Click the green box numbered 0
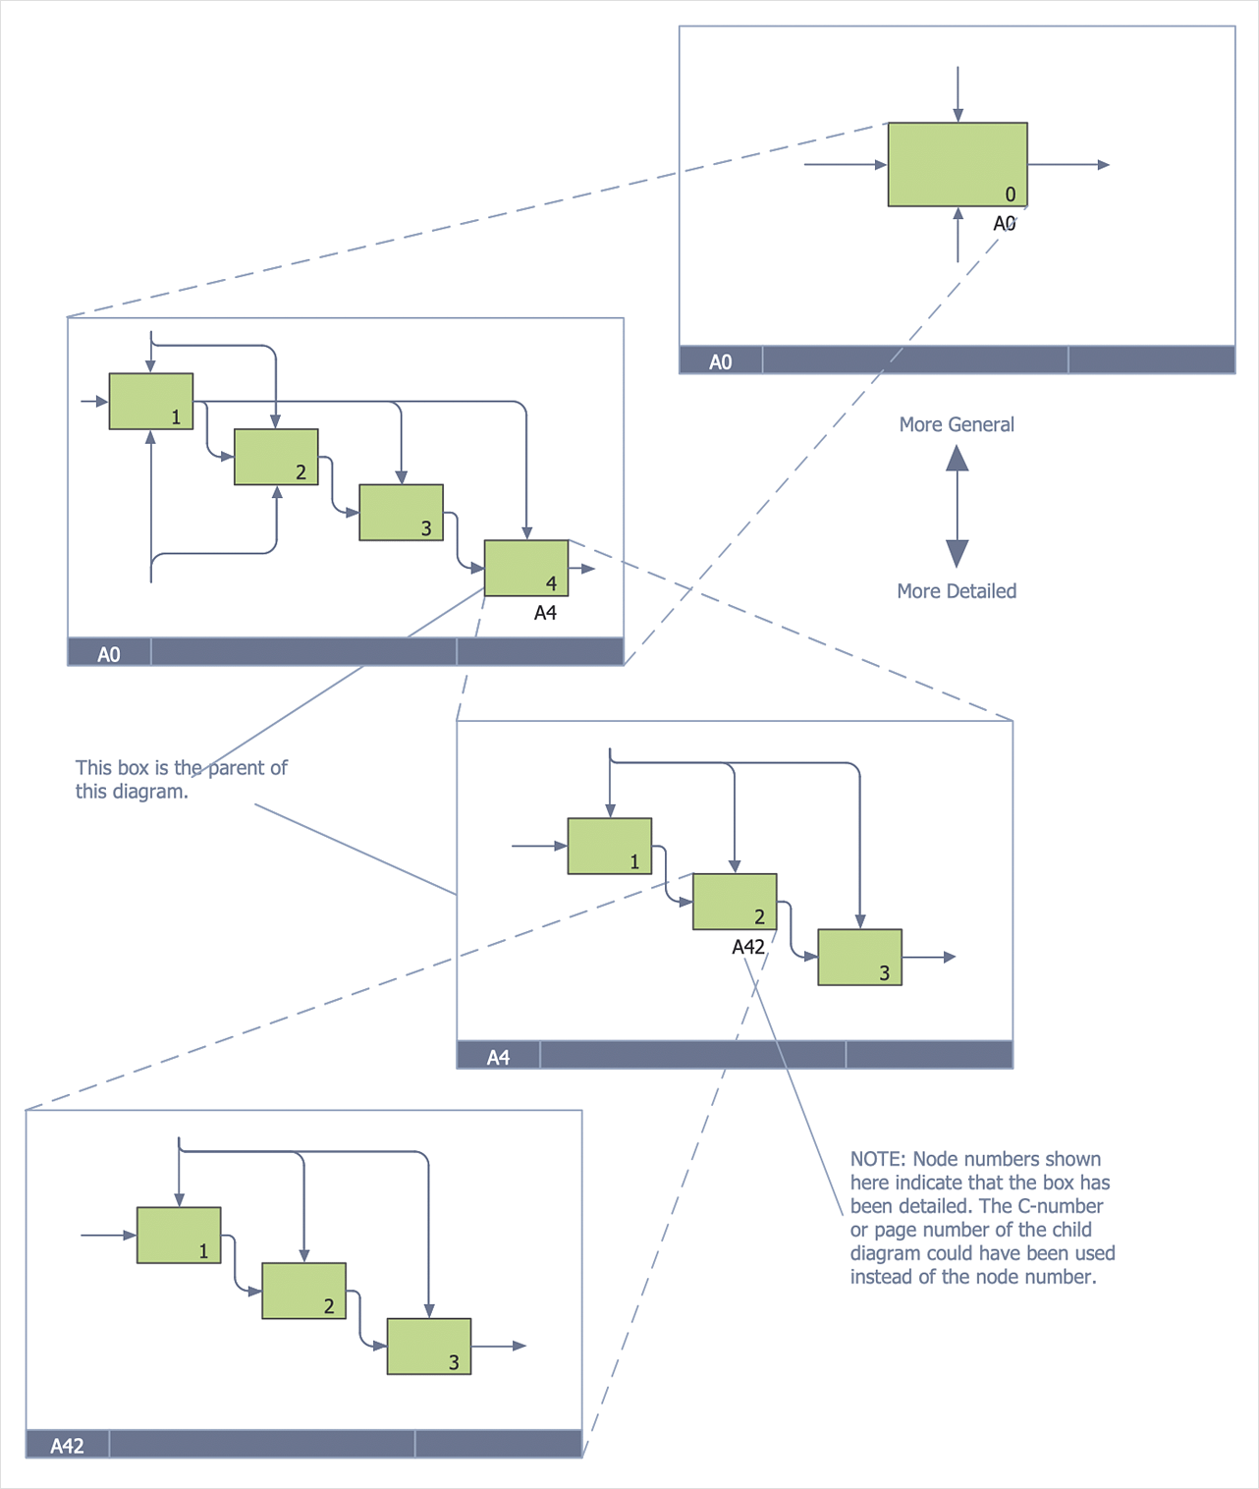coord(957,164)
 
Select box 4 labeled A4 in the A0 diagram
coord(525,568)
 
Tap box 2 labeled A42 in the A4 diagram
coord(735,901)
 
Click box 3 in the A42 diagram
coord(429,1346)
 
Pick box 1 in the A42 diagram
coord(179,1235)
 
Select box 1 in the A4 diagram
coord(610,846)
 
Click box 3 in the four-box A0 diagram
coord(401,512)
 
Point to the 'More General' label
coord(957,424)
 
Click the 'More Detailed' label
coord(957,591)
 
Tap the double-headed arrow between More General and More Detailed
coord(958,507)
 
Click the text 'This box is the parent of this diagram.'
coord(181,780)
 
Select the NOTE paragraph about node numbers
coord(982,1218)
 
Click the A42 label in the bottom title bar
coord(67,1446)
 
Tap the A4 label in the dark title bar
coord(498,1057)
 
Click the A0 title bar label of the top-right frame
coord(720,361)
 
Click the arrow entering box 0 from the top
coord(958,94)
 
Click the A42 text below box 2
coord(748,947)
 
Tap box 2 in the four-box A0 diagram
coord(276,457)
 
